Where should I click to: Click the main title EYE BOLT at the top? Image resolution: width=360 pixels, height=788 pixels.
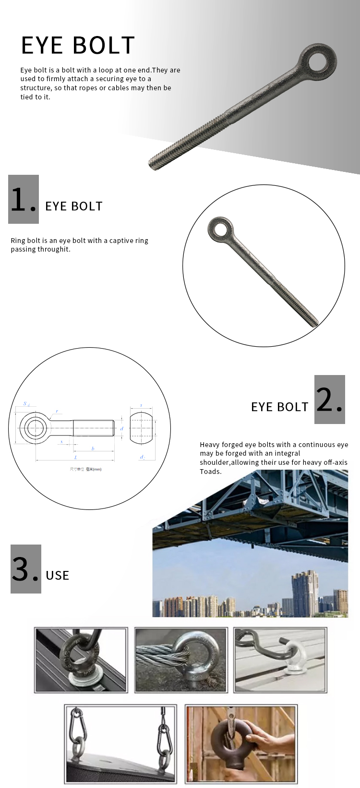(x=78, y=46)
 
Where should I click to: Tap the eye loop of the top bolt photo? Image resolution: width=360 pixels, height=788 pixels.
(x=318, y=61)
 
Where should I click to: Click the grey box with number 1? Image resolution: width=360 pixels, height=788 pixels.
(x=24, y=199)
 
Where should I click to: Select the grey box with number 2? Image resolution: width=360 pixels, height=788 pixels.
(x=329, y=400)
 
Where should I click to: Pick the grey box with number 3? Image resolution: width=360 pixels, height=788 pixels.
(x=26, y=569)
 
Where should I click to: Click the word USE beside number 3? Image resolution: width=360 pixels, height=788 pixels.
(x=58, y=575)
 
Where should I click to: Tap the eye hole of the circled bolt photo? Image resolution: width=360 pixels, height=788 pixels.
(x=221, y=229)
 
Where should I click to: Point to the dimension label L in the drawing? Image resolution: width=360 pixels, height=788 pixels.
(x=75, y=458)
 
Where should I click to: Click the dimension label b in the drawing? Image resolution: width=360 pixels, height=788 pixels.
(x=93, y=449)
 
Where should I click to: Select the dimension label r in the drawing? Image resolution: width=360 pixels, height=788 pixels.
(x=57, y=411)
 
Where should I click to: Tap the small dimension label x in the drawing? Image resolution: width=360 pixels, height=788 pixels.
(x=61, y=441)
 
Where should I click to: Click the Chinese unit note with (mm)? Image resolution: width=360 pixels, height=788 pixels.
(x=85, y=469)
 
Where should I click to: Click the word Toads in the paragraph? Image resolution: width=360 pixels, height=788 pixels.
(x=211, y=472)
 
